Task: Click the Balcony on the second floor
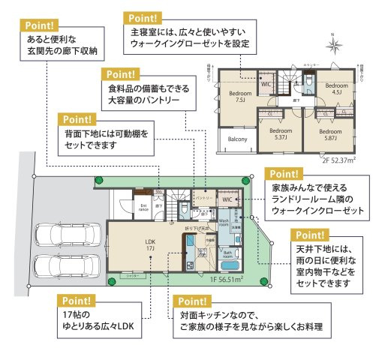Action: click(x=238, y=139)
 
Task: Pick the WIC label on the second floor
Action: click(x=265, y=84)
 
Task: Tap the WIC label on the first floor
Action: click(x=227, y=200)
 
